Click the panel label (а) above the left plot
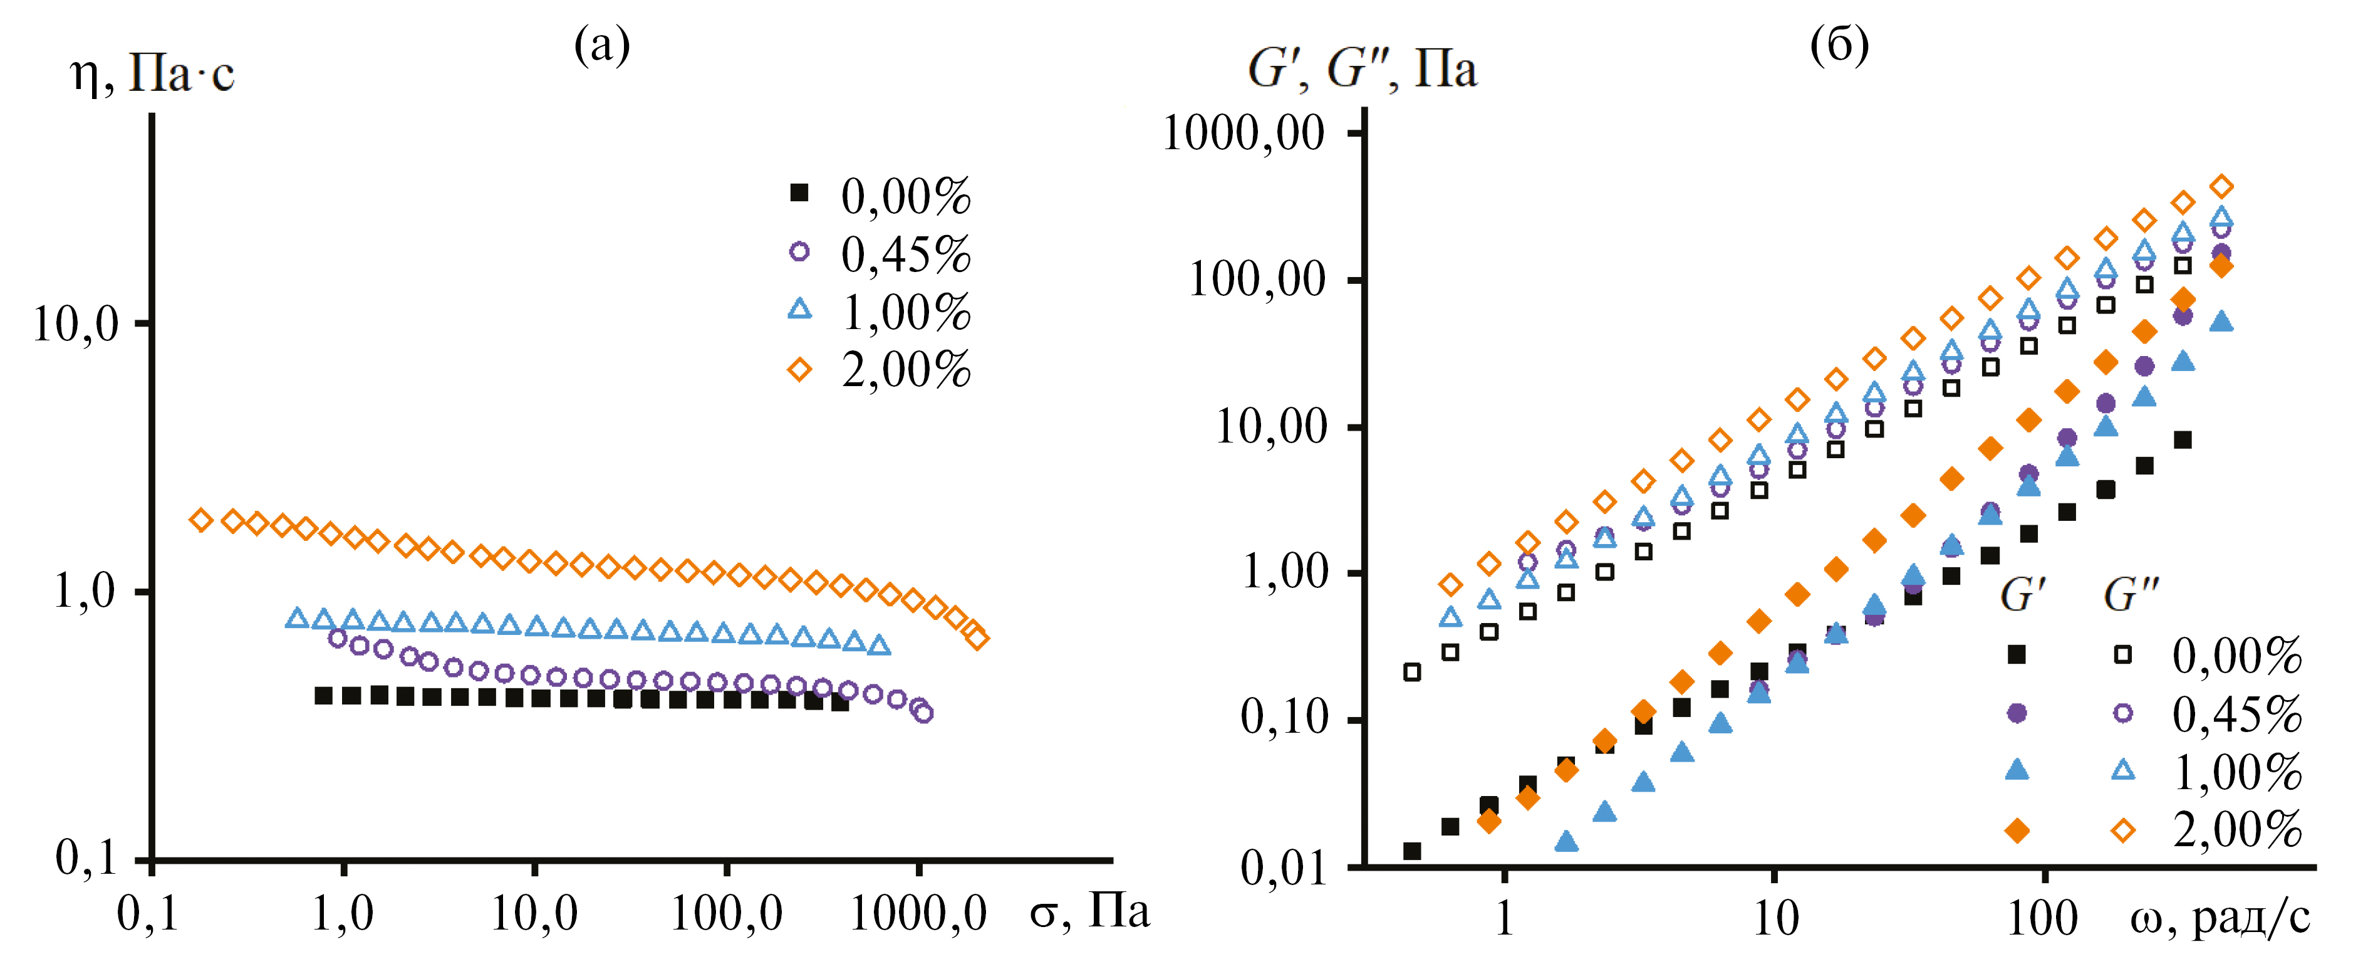coord(602,43)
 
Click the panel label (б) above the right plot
coord(1839,43)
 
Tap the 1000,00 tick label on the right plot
coord(1244,134)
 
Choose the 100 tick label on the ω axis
coord(2042,918)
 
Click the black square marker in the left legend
coord(800,193)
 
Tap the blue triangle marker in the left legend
coord(800,310)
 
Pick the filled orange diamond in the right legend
coord(2017,831)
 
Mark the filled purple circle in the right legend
coord(2017,713)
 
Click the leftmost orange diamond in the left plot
coord(201,520)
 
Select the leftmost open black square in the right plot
coord(1412,672)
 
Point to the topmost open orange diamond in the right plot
coord(2221,187)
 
